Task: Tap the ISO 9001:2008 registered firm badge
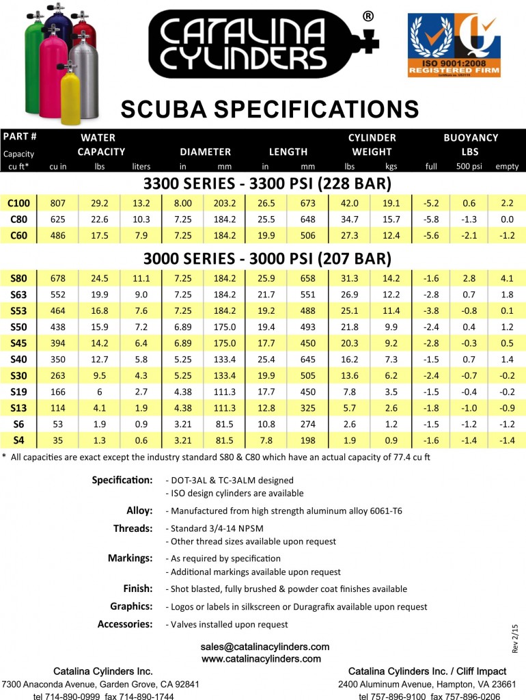click(454, 53)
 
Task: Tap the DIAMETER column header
click(205, 152)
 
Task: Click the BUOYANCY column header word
click(471, 137)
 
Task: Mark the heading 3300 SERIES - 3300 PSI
click(267, 185)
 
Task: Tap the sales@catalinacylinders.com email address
click(265, 646)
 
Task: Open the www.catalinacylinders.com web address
click(262, 658)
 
